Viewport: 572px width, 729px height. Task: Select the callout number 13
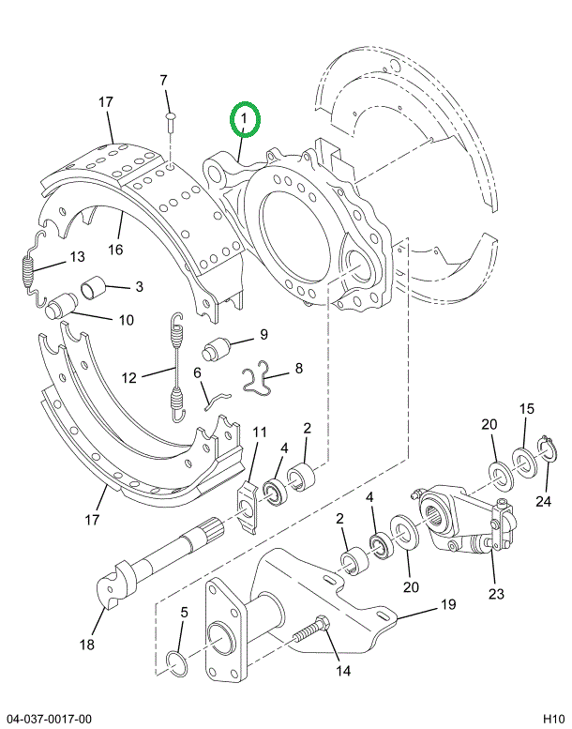[x=78, y=257]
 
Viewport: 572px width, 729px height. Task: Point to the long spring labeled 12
[x=177, y=368]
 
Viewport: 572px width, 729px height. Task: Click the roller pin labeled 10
[x=61, y=307]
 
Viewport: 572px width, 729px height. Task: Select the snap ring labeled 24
[x=545, y=449]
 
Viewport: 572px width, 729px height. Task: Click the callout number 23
[x=496, y=594]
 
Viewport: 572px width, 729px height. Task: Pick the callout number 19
[x=448, y=604]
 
